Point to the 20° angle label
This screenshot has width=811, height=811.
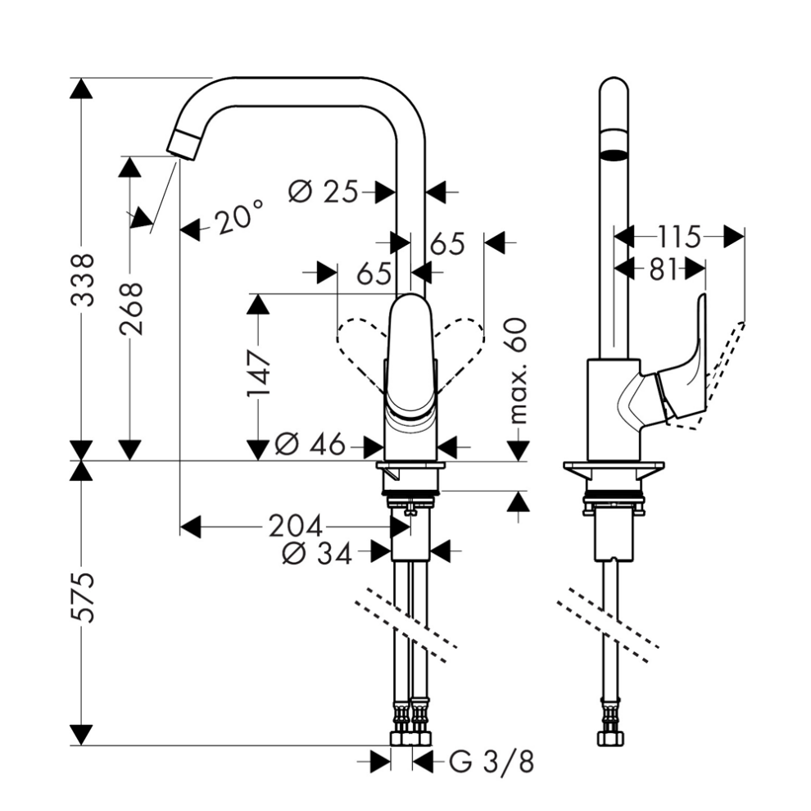click(238, 218)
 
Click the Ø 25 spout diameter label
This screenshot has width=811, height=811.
click(325, 192)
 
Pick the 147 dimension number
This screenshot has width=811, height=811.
click(259, 373)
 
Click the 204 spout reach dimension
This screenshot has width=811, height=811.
click(295, 525)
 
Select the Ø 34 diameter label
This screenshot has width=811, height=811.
click(315, 554)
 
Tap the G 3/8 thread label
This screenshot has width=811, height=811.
click(491, 763)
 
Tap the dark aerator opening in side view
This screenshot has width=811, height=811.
click(613, 153)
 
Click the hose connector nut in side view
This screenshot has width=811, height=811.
click(611, 738)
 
